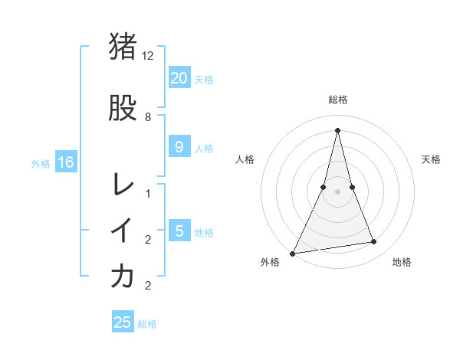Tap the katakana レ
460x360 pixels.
[x=123, y=185]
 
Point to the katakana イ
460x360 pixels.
[x=123, y=231]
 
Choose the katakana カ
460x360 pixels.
[x=123, y=277]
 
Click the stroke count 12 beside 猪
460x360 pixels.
[x=149, y=56]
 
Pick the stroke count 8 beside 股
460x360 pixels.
[x=148, y=117]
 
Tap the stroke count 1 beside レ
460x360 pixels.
[x=148, y=194]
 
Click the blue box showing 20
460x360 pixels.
[x=179, y=77]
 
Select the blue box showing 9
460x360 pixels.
[x=179, y=147]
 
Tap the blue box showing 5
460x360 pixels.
[x=179, y=231]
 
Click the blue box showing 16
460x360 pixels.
[x=65, y=162]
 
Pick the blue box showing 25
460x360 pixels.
[x=123, y=322]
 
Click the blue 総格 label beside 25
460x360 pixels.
[x=147, y=324]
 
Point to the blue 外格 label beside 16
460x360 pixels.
[x=41, y=163]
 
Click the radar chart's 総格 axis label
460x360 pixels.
[x=337, y=100]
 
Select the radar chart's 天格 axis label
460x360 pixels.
[x=431, y=159]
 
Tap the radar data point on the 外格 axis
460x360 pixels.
[x=292, y=253]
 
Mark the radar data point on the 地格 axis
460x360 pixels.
[x=374, y=242]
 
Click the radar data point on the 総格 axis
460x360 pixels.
[x=337, y=130]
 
